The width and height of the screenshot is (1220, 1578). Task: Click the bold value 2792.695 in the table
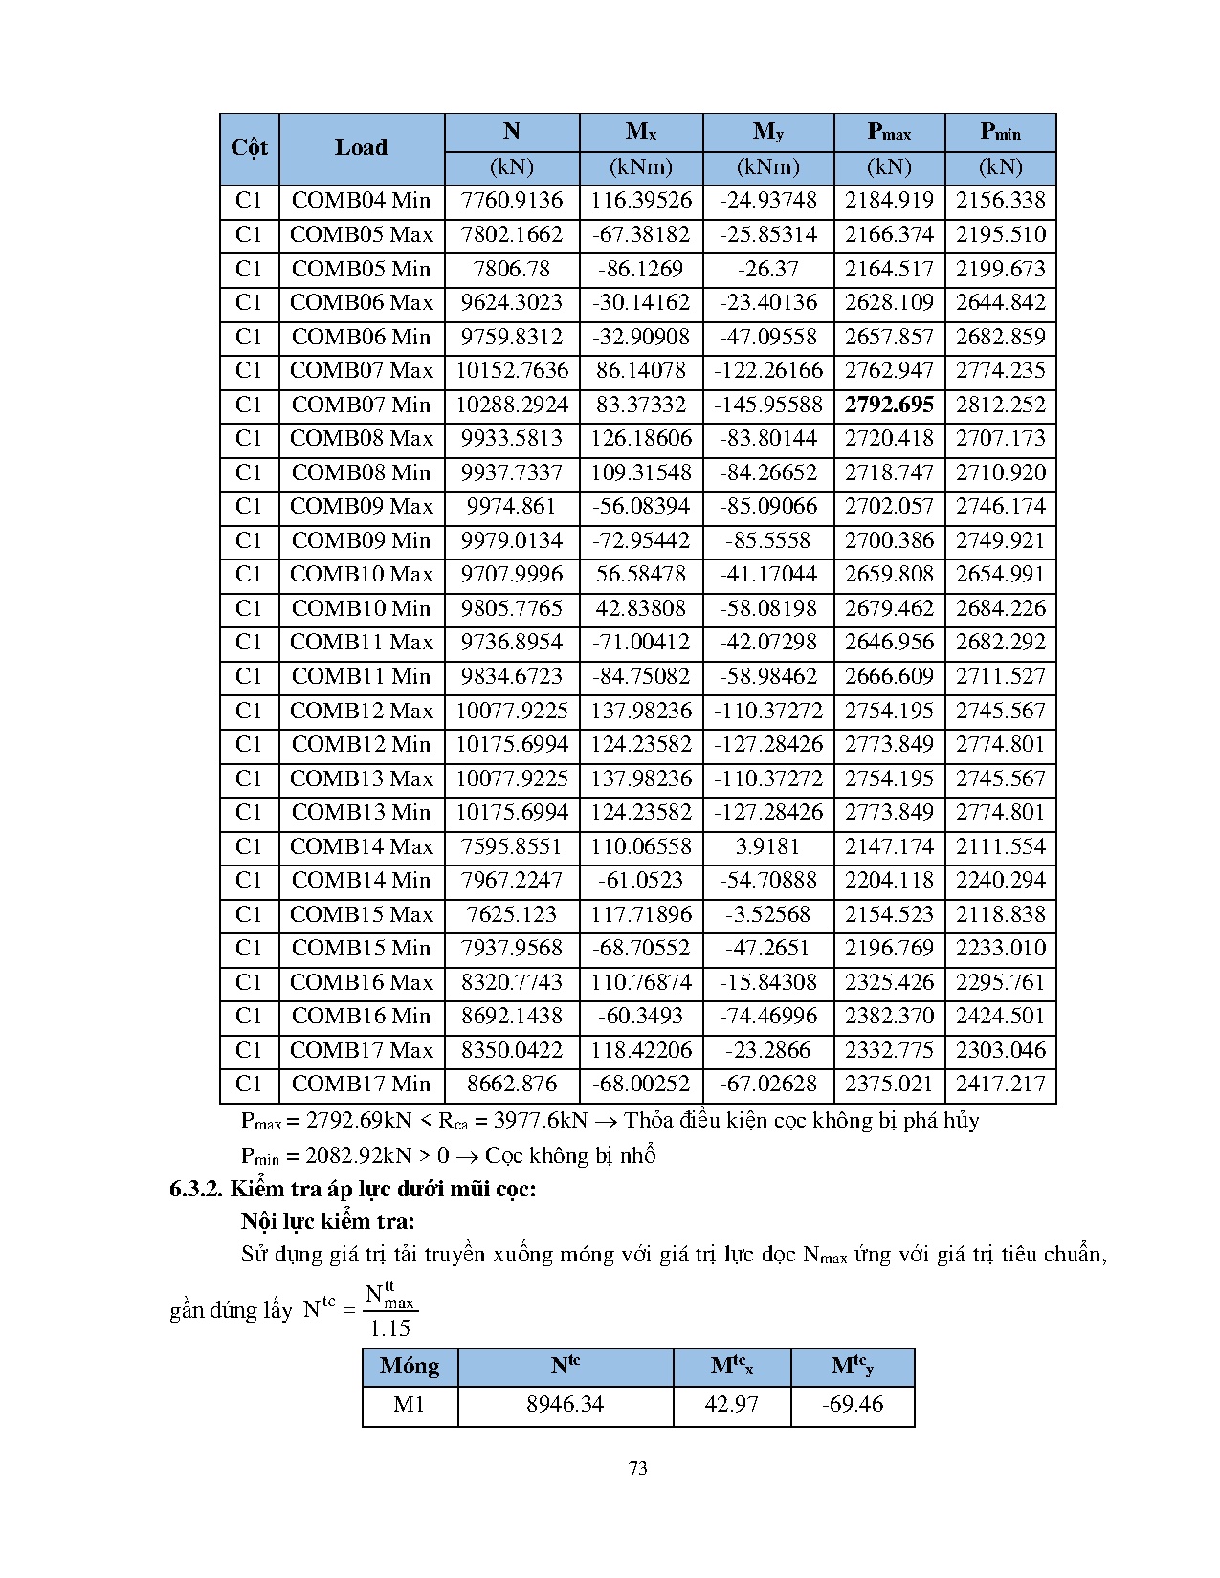click(889, 405)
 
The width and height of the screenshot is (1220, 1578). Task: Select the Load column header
click(361, 148)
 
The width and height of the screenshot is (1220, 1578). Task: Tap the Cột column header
click(249, 148)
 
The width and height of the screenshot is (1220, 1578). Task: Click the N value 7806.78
click(512, 269)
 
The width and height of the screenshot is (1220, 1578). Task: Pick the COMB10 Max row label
click(361, 574)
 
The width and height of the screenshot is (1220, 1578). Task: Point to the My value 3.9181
click(768, 846)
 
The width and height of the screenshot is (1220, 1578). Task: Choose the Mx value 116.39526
click(641, 201)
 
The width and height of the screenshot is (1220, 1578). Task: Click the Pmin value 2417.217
click(1001, 1084)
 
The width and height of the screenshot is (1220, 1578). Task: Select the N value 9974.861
click(512, 506)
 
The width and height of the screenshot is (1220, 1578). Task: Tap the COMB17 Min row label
click(361, 1084)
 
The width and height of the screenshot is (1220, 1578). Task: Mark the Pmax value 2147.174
click(889, 846)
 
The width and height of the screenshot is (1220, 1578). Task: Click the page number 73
click(638, 1468)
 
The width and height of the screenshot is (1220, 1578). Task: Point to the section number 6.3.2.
click(196, 1189)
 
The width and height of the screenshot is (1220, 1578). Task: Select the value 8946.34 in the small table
click(566, 1404)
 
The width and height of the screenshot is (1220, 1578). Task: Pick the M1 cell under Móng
click(410, 1404)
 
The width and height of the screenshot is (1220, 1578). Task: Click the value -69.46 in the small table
click(853, 1404)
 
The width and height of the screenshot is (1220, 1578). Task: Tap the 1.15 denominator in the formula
click(390, 1328)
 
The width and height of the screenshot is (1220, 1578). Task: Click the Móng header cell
click(410, 1366)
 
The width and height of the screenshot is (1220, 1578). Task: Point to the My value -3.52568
click(768, 914)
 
